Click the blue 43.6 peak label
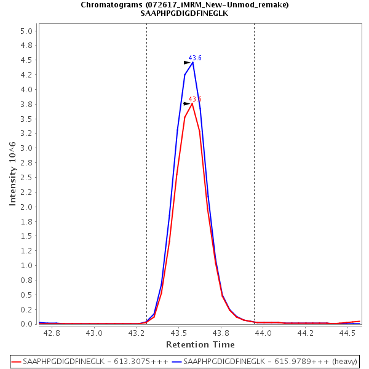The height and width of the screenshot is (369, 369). pyautogui.click(x=195, y=58)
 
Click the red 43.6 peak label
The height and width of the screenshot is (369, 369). pyautogui.click(x=195, y=99)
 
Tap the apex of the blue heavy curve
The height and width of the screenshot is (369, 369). pyautogui.click(x=192, y=62)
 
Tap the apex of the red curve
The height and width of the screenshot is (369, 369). pyautogui.click(x=192, y=103)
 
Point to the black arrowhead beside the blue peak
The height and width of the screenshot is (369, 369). pyautogui.click(x=187, y=63)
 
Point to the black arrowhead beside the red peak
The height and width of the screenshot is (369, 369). pyautogui.click(x=187, y=104)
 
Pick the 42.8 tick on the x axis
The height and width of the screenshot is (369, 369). pyautogui.click(x=52, y=333)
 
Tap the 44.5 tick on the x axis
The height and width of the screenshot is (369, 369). pyautogui.click(x=348, y=333)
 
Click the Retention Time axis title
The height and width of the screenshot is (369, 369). pyautogui.click(x=200, y=344)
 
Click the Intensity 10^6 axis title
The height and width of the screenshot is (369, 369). pyautogui.click(x=12, y=173)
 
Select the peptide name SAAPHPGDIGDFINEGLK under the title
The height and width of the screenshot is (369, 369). pyautogui.click(x=184, y=13)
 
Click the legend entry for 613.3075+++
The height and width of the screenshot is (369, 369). pyautogui.click(x=93, y=361)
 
